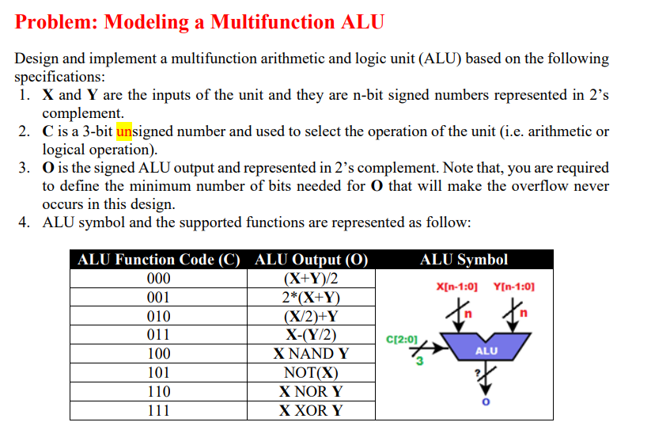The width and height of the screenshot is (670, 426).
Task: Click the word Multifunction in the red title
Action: (x=271, y=22)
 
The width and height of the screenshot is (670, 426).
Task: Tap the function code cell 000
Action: (x=159, y=279)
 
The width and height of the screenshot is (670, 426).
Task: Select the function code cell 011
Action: (x=159, y=335)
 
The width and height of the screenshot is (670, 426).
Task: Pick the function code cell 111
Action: (x=159, y=410)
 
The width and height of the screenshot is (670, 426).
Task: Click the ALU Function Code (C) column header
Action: (x=158, y=260)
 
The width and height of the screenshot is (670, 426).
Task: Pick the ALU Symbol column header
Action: (x=464, y=260)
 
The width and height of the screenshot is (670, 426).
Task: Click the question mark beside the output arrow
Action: (x=477, y=372)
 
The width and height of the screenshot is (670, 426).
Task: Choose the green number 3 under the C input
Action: (x=421, y=362)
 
